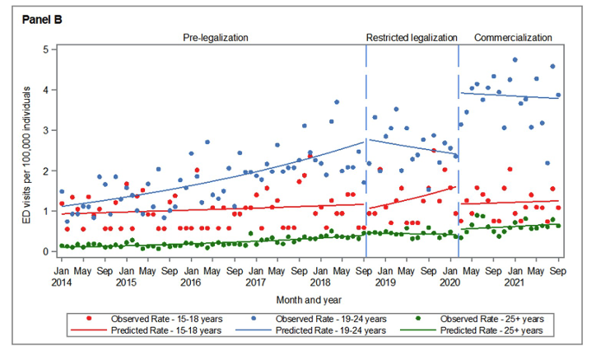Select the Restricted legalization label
tap(411, 38)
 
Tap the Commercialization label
tap(513, 38)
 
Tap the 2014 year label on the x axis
tap(61, 282)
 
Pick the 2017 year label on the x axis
tap(254, 282)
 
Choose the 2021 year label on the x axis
tap(514, 282)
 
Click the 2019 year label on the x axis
tap(384, 282)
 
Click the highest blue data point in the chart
tap(515, 60)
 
